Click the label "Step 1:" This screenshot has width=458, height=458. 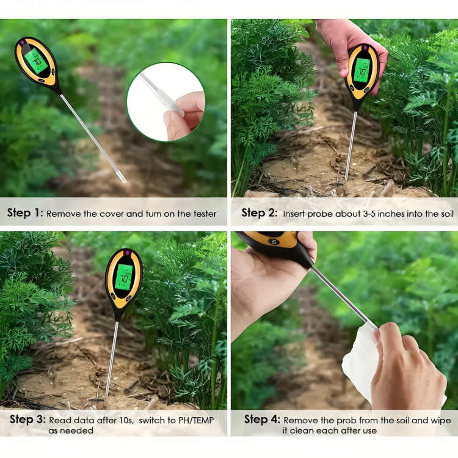point(25,214)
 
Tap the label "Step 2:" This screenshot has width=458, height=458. point(261,213)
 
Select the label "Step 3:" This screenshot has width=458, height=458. point(27,420)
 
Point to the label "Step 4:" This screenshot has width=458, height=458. point(262,420)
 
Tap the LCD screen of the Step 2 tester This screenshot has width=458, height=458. point(362,71)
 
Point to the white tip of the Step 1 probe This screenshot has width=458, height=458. point(122,178)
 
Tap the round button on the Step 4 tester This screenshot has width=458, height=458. point(274,241)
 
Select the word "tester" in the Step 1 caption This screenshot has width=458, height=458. point(203,214)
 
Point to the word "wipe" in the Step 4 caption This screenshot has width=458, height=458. point(440,420)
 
